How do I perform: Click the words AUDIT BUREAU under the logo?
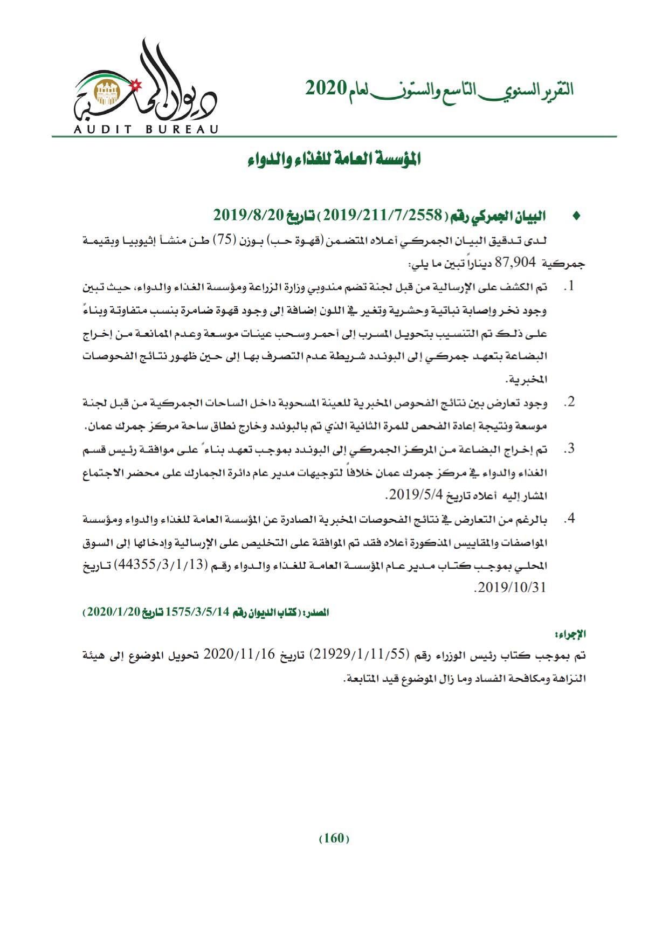[146, 129]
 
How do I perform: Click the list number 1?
[568, 286]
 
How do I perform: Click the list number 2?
[568, 402]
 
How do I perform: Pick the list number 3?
[568, 448]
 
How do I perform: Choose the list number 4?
[568, 519]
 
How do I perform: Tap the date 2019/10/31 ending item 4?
[510, 588]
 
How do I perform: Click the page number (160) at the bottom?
[334, 839]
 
